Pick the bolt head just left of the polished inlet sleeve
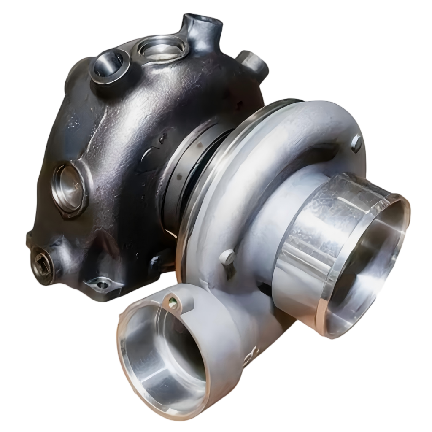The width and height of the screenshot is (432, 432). [228, 257]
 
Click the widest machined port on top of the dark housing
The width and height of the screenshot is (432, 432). [162, 49]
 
